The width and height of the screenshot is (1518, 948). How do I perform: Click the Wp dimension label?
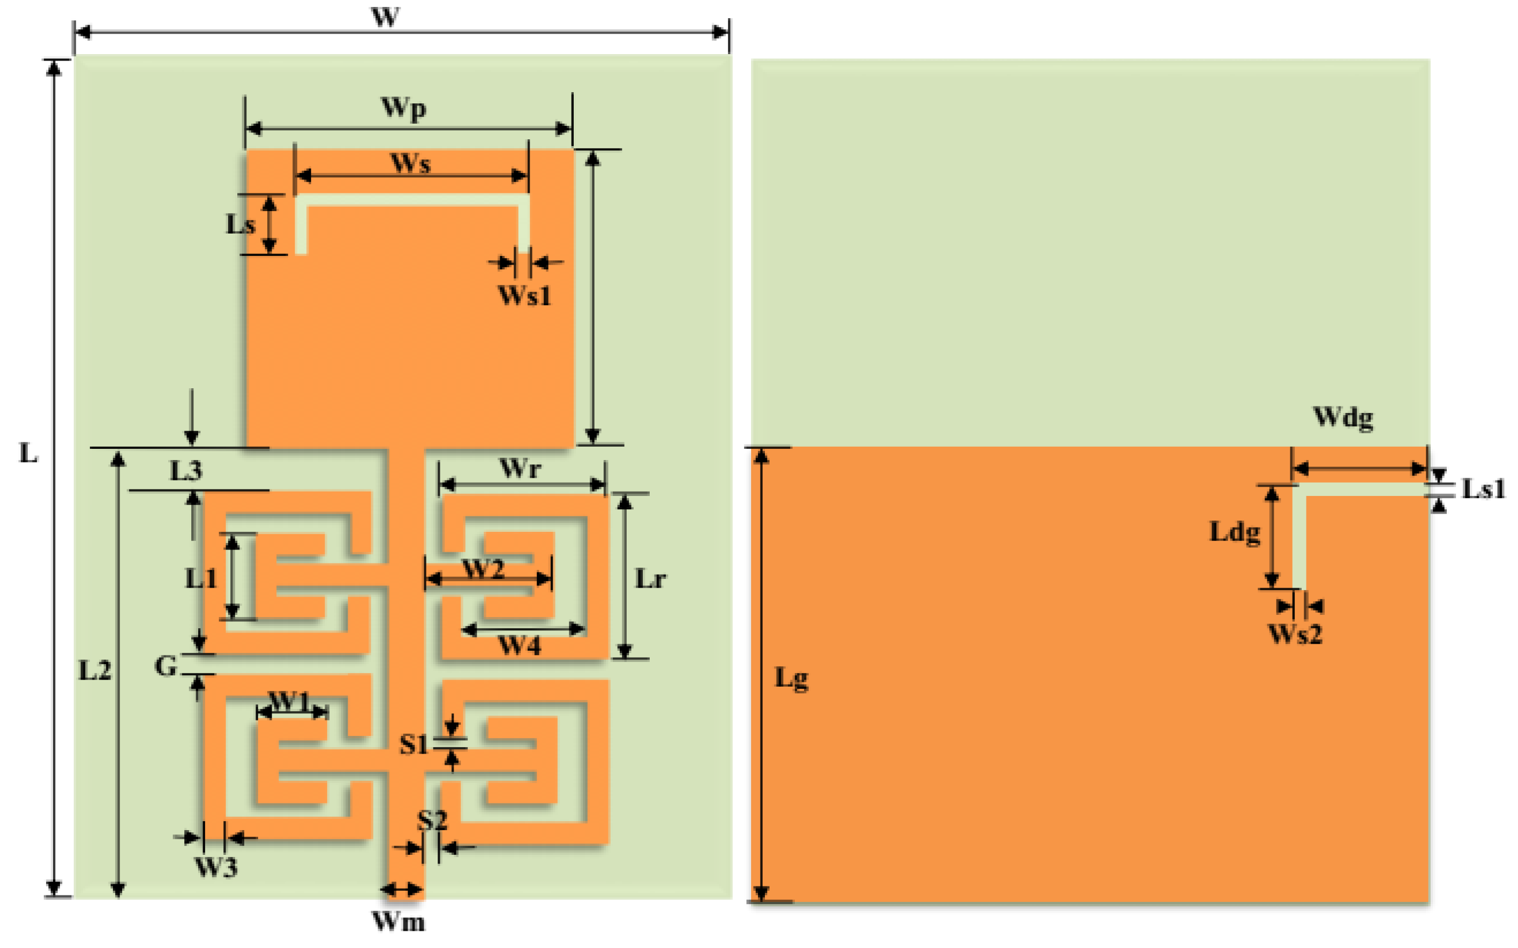pos(404,108)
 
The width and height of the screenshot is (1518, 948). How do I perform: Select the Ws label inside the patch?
pos(411,163)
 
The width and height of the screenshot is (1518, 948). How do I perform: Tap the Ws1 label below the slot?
pos(525,295)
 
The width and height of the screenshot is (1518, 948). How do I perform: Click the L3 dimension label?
pos(186,470)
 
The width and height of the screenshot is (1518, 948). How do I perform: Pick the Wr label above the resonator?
pos(520,468)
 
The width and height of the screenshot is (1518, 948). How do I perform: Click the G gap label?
pos(166,666)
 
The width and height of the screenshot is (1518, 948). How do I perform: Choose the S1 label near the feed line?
pos(414,744)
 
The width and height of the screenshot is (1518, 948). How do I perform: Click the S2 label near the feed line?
pos(433,820)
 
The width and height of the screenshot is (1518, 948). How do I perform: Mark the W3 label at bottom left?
pos(216,867)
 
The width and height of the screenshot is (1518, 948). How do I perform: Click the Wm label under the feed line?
pos(399,921)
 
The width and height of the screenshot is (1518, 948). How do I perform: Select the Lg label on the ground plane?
pos(792,679)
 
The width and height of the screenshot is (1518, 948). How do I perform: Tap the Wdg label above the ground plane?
pos(1343,416)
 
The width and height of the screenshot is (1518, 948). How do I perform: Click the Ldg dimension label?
pos(1235,532)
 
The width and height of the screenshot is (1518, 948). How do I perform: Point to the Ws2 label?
pos(1295,634)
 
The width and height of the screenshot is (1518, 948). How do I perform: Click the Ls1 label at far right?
pos(1484,488)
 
